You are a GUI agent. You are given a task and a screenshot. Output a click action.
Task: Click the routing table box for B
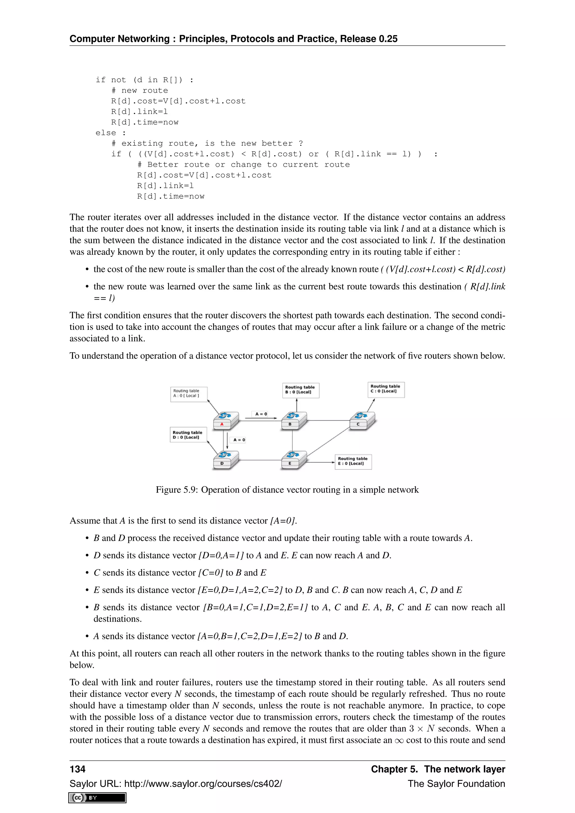click(301, 390)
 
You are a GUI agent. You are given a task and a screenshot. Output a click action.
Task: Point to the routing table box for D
click(188, 435)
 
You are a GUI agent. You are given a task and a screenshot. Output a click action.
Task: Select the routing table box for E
click(353, 462)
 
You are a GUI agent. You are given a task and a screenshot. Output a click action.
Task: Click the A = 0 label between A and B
click(261, 414)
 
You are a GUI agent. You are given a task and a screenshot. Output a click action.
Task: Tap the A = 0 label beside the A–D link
click(239, 440)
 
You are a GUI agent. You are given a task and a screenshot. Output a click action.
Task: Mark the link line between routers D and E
click(260, 460)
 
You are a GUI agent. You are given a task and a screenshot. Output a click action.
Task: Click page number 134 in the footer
click(77, 769)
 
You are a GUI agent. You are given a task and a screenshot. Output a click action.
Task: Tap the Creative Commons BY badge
click(97, 798)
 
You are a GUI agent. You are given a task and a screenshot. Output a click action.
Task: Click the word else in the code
click(106, 133)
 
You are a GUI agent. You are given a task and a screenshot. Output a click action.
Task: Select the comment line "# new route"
click(140, 91)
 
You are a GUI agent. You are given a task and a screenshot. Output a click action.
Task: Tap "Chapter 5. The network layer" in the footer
click(438, 769)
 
